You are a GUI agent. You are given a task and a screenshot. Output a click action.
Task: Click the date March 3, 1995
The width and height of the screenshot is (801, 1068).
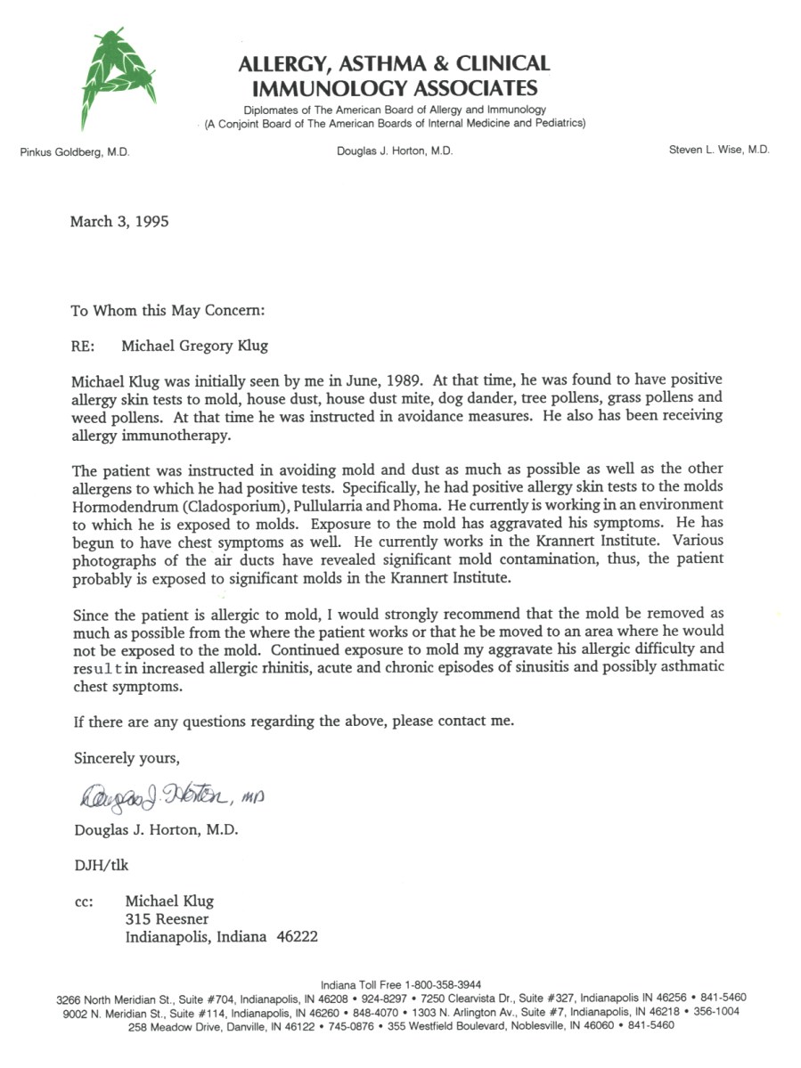click(x=119, y=222)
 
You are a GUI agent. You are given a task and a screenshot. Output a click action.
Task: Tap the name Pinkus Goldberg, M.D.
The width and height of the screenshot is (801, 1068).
click(x=75, y=152)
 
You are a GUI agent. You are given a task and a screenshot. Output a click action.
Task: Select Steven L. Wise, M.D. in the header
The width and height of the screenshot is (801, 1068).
click(x=719, y=151)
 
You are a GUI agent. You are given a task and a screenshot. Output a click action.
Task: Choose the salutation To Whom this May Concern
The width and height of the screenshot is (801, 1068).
click(x=168, y=311)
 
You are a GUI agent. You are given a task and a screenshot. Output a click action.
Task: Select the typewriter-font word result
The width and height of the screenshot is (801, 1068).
click(x=95, y=667)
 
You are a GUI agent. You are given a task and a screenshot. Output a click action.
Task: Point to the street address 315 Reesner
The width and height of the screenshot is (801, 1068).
click(x=168, y=919)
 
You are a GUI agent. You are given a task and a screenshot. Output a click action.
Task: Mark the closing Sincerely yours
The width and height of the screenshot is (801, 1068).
click(x=127, y=758)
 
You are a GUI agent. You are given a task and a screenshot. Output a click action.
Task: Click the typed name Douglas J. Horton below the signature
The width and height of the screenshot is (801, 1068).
click(x=156, y=829)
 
